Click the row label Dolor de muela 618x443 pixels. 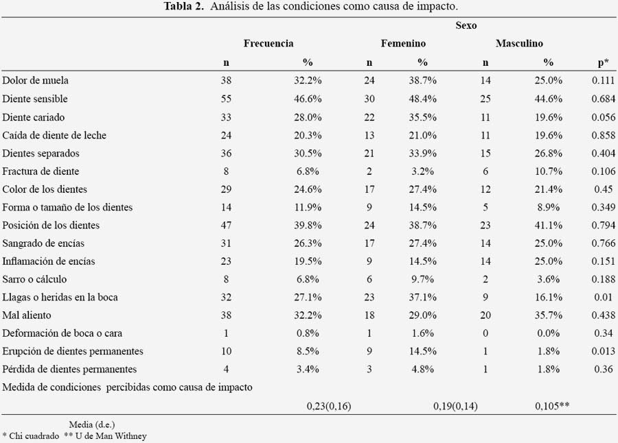click(x=36, y=80)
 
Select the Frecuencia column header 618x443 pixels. click(x=268, y=43)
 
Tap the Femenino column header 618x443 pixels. click(x=403, y=43)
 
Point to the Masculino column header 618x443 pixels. click(x=520, y=43)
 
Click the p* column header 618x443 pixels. click(x=603, y=62)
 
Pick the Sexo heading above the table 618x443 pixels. click(x=466, y=25)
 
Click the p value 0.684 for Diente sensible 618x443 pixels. click(x=603, y=99)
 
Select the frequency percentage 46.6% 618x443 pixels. click(x=308, y=99)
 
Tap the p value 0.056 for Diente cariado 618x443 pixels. click(x=603, y=117)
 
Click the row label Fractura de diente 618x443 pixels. click(x=41, y=171)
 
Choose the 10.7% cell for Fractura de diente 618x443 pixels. click(x=548, y=171)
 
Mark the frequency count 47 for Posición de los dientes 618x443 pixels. click(x=226, y=225)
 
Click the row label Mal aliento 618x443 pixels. click(x=27, y=315)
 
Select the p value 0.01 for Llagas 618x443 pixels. click(x=604, y=298)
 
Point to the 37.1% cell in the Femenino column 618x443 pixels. click(x=422, y=298)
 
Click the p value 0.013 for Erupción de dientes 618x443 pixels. click(x=603, y=351)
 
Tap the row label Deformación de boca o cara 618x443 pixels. click(x=62, y=333)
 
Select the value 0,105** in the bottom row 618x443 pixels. click(x=552, y=405)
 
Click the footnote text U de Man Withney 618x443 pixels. click(x=111, y=436)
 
